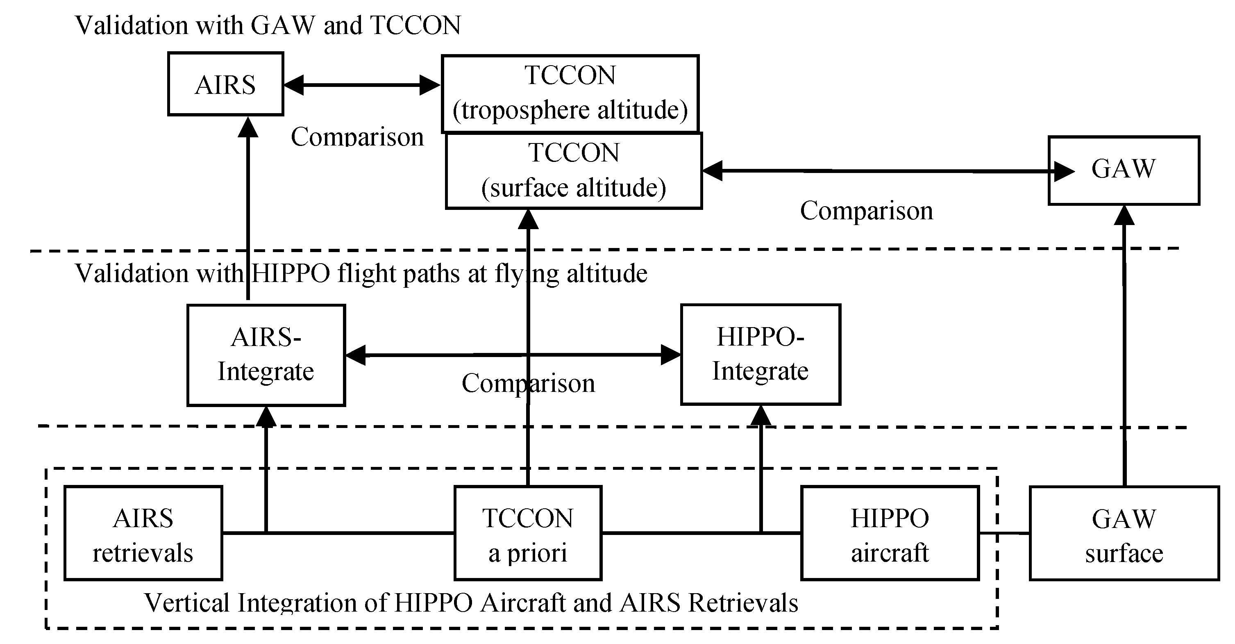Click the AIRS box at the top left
click(x=225, y=84)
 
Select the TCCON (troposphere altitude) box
click(x=570, y=93)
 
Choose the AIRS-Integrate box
click(x=266, y=355)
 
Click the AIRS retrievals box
click(x=143, y=533)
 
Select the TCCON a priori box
click(x=527, y=533)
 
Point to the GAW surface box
click(x=1124, y=534)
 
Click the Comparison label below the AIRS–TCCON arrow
click(x=357, y=137)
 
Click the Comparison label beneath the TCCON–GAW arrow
click(x=866, y=211)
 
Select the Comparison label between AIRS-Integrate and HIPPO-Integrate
click(x=528, y=383)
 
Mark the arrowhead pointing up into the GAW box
click(x=1124, y=216)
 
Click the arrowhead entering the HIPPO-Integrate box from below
click(x=761, y=416)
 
